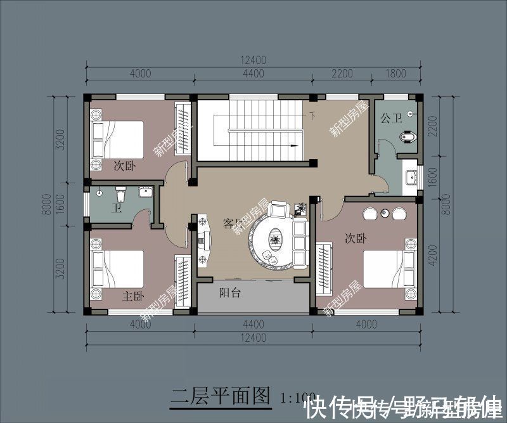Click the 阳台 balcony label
[229, 293]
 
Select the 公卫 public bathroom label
[391, 118]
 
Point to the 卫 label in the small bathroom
[117, 207]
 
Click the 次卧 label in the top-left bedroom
[124, 166]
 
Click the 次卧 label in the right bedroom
[356, 238]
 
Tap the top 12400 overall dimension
[253, 61]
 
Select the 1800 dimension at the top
[395, 74]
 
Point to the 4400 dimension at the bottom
[253, 325]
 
